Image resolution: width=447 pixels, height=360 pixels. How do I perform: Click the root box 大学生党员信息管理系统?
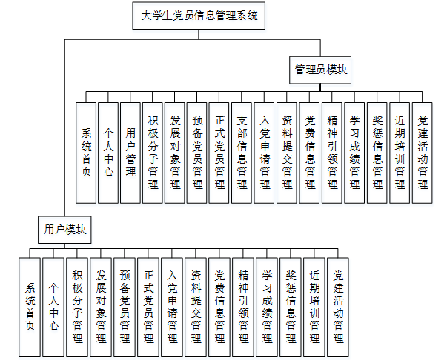(196, 16)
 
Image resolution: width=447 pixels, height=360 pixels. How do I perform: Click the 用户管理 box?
(130, 153)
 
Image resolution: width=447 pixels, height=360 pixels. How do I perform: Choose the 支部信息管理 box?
(242, 153)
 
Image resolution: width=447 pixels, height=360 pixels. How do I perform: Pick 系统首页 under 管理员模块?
(86, 153)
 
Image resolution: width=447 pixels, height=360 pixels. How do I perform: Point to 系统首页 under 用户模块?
(30, 305)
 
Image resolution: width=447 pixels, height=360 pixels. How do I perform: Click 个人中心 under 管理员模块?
(108, 153)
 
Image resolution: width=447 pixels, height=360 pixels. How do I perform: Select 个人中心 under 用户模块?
(53, 305)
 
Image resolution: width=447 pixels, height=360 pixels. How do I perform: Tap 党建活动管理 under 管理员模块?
(423, 153)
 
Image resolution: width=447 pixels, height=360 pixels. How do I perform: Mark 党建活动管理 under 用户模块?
(338, 305)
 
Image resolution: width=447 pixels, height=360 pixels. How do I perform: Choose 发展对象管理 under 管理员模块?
(175, 153)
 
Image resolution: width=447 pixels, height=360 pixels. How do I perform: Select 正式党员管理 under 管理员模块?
(220, 153)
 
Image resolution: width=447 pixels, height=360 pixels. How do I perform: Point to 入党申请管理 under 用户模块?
(172, 305)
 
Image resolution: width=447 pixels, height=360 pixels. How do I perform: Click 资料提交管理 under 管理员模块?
(287, 153)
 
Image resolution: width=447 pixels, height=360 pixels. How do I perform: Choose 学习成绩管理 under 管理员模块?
(355, 153)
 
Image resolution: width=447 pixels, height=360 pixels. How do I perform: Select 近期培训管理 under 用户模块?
(314, 305)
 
